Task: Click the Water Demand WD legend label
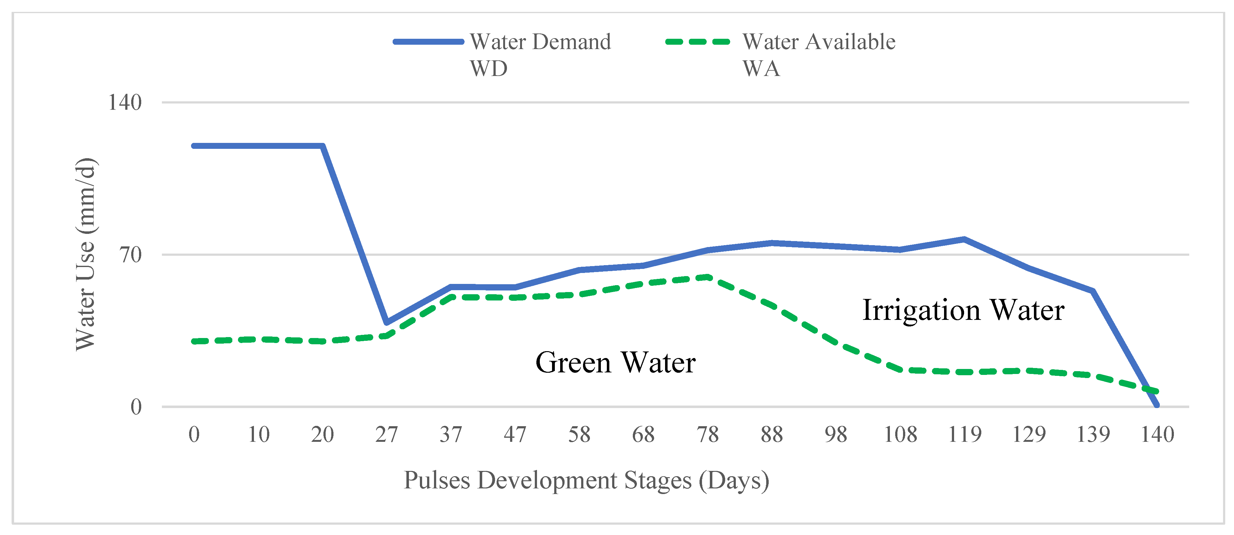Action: [x=540, y=54]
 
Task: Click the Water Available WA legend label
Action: [x=818, y=54]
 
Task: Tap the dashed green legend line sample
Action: [x=698, y=42]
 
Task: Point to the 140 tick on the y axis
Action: [x=125, y=103]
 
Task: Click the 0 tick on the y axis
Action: [x=136, y=407]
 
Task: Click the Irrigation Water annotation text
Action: [x=963, y=310]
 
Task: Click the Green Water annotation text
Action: [x=615, y=362]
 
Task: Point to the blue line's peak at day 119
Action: [x=964, y=239]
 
